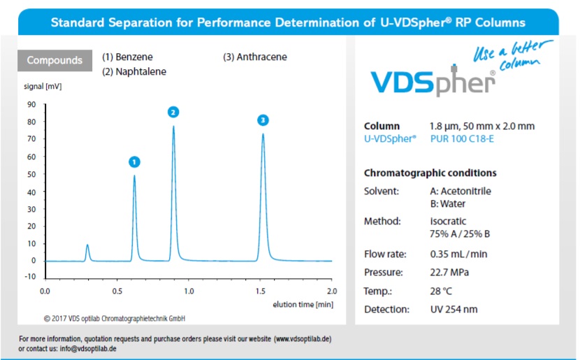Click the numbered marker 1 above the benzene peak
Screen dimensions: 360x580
click(x=135, y=161)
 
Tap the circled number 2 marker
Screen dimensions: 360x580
click(x=173, y=112)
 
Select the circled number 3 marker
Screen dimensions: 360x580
click(x=263, y=120)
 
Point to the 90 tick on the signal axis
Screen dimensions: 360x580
click(x=32, y=105)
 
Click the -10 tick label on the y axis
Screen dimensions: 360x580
click(x=31, y=277)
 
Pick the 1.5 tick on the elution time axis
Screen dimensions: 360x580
click(x=261, y=290)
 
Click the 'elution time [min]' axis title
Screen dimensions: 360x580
click(x=303, y=305)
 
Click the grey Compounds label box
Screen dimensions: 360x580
click(x=55, y=60)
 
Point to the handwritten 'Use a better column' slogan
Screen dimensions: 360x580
click(x=513, y=55)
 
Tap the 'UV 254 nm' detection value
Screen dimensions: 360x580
click(x=454, y=309)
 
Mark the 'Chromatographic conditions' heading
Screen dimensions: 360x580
click(x=430, y=173)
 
